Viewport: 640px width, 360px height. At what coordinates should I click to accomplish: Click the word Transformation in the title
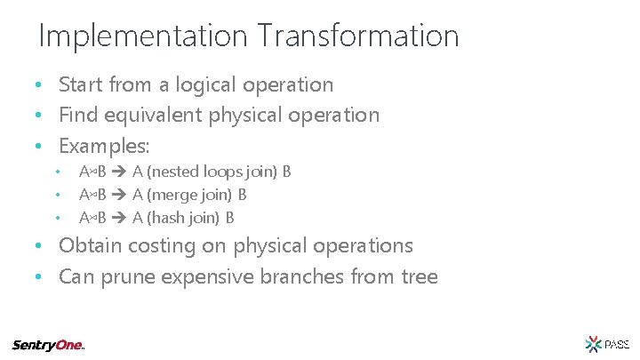[359, 36]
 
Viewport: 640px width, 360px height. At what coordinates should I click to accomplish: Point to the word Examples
[104, 145]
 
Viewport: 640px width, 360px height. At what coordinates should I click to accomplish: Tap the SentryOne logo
[49, 345]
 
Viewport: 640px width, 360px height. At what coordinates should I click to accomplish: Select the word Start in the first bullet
[81, 85]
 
